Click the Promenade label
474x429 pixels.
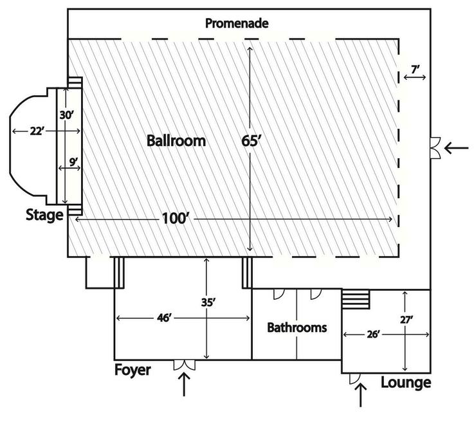[236, 24]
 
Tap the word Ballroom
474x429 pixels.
[176, 141]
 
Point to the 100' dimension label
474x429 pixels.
[176, 220]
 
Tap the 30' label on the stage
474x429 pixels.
[66, 116]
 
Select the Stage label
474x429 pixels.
[44, 215]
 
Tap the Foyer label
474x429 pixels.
[132, 370]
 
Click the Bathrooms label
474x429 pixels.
[296, 327]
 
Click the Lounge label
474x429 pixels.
[405, 383]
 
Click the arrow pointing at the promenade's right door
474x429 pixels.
[457, 149]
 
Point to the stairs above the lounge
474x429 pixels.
[355, 299]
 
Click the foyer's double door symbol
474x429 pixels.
[185, 365]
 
